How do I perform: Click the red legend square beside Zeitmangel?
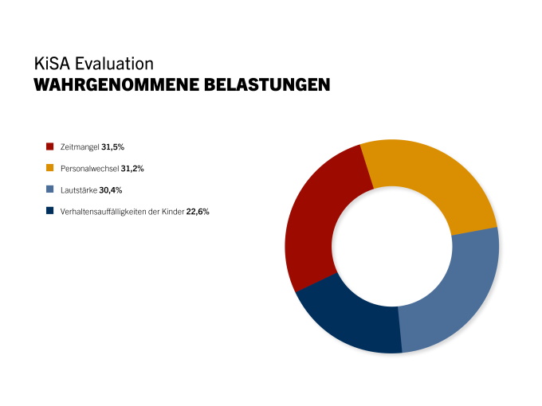point(49,147)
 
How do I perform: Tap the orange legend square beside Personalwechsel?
point(49,169)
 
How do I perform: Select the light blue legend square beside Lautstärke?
point(49,190)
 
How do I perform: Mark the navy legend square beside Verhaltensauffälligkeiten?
point(49,212)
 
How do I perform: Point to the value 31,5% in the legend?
point(112,147)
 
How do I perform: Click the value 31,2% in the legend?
point(132,169)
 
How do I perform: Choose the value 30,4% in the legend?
point(110,190)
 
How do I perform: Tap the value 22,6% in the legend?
point(197,212)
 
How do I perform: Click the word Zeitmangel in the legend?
point(78,147)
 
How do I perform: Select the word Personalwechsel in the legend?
point(88,169)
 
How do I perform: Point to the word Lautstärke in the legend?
point(77,190)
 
